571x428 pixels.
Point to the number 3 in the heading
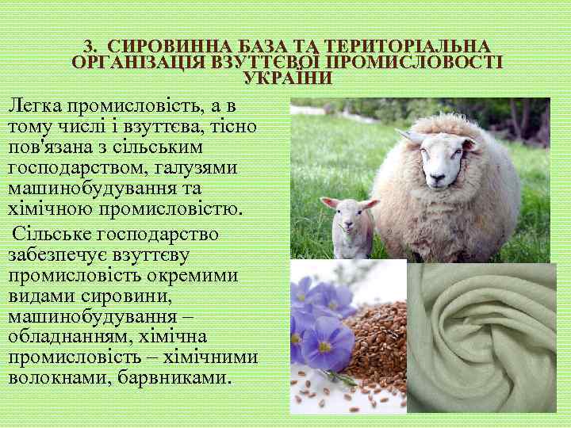coord(88,47)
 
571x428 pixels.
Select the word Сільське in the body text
coord(52,235)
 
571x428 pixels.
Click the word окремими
coord(182,276)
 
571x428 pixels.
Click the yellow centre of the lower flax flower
coord(326,346)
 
